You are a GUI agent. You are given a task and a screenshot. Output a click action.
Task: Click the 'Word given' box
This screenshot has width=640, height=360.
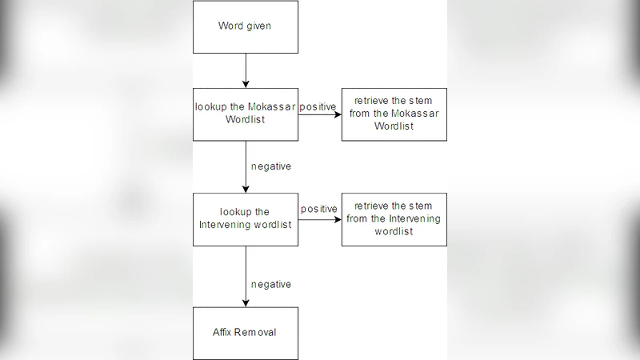pos(246,26)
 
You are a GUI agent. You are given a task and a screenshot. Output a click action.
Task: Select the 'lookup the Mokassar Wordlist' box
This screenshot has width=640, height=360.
pos(246,114)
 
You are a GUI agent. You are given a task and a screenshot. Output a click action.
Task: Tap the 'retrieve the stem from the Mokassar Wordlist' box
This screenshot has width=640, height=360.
pos(394,114)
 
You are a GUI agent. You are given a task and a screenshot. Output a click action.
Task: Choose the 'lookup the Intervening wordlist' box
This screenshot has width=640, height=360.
pos(246,218)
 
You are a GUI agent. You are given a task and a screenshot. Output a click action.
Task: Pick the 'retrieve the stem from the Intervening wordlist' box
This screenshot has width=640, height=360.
pos(394,218)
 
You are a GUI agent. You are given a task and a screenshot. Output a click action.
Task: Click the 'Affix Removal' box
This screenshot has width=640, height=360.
pos(246,333)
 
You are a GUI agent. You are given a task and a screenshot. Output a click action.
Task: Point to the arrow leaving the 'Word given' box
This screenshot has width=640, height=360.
pos(246,70)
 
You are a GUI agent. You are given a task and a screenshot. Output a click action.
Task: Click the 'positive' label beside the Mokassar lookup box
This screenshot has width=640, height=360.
pos(318,106)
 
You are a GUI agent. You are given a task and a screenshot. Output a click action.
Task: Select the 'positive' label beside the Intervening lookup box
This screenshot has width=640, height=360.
pos(319,209)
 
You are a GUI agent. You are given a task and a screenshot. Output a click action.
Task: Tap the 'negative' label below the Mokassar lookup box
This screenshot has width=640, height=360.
pos(270,166)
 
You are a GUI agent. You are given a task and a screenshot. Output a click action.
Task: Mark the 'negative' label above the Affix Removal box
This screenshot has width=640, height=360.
pos(270,284)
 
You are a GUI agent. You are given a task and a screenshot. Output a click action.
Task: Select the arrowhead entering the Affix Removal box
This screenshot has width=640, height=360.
pos(246,302)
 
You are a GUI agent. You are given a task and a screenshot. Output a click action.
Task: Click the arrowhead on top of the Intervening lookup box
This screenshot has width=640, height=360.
pos(246,188)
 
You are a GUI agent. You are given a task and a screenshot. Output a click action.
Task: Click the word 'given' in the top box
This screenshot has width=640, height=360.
pos(259,26)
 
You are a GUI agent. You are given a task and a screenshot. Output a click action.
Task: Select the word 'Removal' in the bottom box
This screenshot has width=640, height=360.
pos(259,333)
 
